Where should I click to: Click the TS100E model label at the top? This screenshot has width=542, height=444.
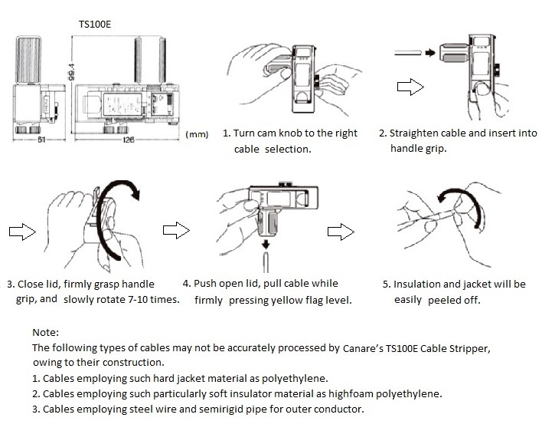[94, 24]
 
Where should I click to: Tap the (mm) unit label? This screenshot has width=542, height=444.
[197, 134]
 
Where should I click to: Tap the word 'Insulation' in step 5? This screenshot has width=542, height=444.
[420, 284]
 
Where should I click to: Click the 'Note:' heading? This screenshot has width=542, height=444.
[46, 333]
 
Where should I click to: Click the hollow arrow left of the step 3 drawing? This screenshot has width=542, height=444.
[20, 231]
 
